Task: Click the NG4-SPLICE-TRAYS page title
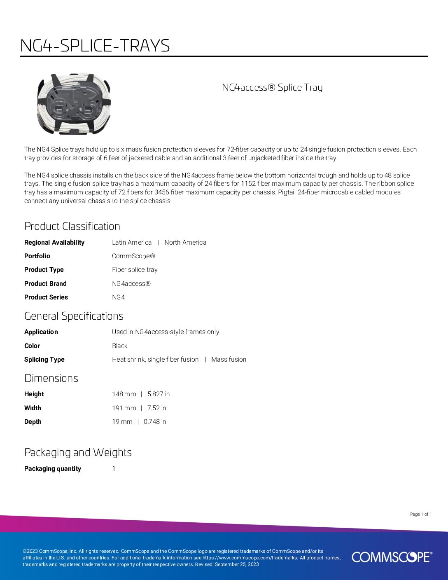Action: coord(95,46)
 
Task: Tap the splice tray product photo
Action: coord(74,104)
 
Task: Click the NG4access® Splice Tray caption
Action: coord(272,87)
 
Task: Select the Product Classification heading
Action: coord(72,226)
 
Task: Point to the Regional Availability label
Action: coord(54,242)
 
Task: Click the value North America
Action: coord(185,242)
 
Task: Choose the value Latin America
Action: coord(132,242)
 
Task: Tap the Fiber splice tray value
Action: coord(135,269)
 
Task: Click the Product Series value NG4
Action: coord(118,297)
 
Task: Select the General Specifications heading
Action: coord(74,316)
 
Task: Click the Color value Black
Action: coord(120,346)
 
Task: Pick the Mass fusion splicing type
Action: coord(229,359)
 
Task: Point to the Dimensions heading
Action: coord(51,378)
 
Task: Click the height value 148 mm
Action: coord(124,394)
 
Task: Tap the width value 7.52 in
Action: coord(156,408)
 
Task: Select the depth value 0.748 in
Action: coord(155,421)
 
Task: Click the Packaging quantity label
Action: coord(53,468)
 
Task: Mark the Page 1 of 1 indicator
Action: coord(421,514)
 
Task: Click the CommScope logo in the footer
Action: coord(392,557)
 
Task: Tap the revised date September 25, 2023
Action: coord(237,564)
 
